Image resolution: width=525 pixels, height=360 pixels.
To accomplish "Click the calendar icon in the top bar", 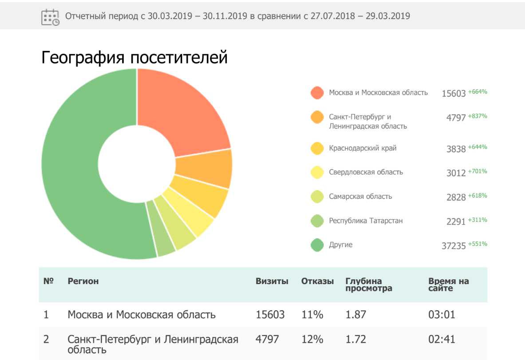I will click(50, 17).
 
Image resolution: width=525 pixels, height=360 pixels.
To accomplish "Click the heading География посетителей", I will click(134, 58).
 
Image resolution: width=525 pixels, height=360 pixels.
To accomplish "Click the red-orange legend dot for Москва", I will click(317, 93).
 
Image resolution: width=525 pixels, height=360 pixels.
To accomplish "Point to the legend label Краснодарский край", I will click(363, 148).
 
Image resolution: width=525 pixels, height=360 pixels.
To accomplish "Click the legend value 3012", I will click(456, 173).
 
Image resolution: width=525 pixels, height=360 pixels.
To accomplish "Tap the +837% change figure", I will click(478, 116).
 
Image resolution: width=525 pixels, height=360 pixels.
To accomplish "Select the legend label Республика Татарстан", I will click(366, 221).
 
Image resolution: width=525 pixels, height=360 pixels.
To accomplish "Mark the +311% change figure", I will click(478, 220).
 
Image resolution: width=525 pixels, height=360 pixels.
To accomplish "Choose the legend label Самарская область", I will click(360, 196).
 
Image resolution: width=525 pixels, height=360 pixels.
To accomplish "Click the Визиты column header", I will click(272, 281).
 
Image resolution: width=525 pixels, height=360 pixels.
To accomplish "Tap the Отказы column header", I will click(317, 281).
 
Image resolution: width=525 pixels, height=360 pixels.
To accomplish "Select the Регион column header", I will click(83, 281).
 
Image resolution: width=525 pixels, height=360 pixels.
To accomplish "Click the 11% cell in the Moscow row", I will click(312, 315).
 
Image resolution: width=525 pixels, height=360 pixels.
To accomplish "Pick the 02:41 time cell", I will click(442, 340).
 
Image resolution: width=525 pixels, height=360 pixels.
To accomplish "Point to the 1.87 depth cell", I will click(355, 315).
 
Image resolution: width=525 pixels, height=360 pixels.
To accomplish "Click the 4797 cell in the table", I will click(267, 340).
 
